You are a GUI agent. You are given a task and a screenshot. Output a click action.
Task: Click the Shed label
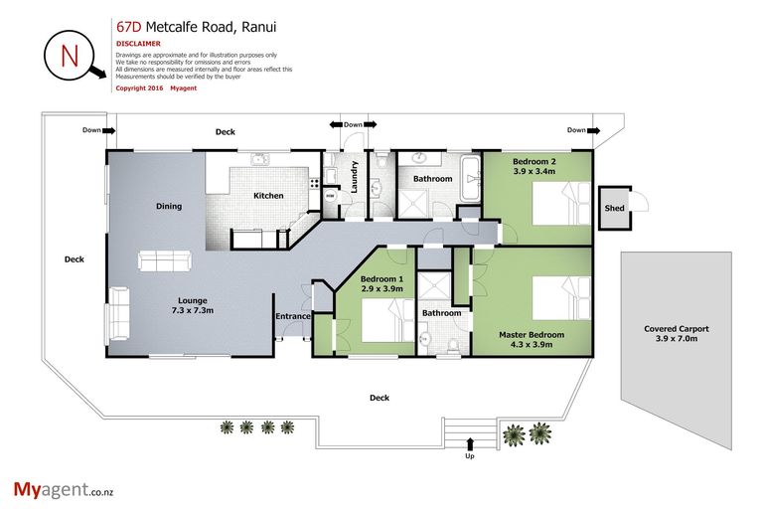(x=614, y=209)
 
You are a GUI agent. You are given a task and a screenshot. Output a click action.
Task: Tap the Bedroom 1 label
(x=381, y=285)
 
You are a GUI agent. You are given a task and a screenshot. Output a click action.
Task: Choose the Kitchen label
(x=268, y=196)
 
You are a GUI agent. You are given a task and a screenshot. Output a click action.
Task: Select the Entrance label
(x=294, y=317)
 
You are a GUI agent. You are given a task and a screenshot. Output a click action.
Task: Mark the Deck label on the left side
(x=74, y=259)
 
